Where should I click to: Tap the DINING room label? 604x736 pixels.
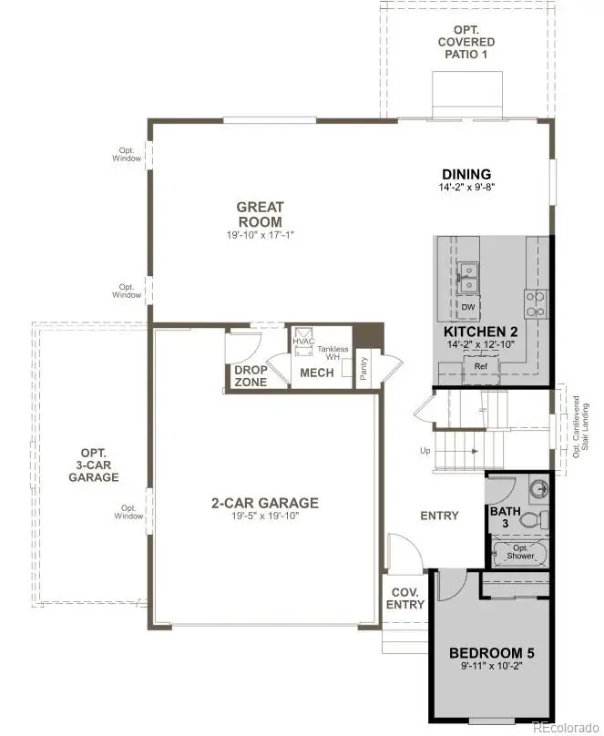pos(466,174)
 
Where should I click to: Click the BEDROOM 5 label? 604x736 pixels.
pos(492,652)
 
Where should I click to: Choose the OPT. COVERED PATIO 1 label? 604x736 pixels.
pos(466,42)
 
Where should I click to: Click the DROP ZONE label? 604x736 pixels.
pos(251,375)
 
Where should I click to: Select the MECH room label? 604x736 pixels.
pos(316,373)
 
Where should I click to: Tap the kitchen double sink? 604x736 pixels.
pos(470,278)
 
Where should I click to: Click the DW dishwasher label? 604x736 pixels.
pos(468,307)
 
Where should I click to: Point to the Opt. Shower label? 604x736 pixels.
pos(520,552)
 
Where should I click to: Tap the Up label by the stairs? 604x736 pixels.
pos(425,451)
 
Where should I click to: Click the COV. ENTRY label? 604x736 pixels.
pos(405,598)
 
